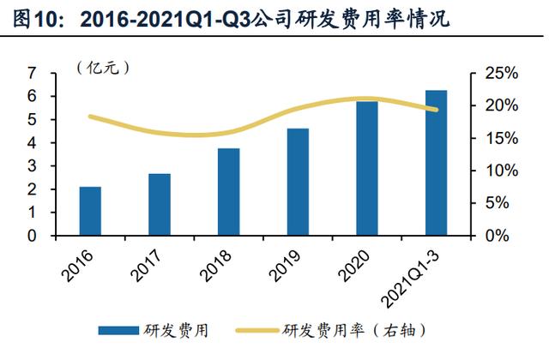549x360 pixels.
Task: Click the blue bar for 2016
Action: (x=90, y=211)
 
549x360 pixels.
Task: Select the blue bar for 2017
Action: (x=160, y=204)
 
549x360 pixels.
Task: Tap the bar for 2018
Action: (x=228, y=191)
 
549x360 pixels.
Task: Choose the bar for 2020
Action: (x=367, y=168)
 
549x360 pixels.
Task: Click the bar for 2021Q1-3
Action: (x=436, y=162)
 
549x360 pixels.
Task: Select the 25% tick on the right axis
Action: (x=498, y=75)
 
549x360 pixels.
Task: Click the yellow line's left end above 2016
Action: (x=90, y=116)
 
